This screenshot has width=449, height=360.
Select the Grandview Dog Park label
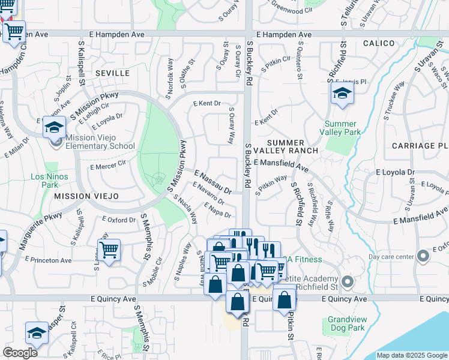(x=346, y=324)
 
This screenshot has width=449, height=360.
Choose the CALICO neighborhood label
(x=379, y=43)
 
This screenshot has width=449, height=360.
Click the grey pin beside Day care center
(x=423, y=256)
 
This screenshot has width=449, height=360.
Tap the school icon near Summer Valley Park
(x=342, y=94)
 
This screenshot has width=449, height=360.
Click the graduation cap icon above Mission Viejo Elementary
(x=54, y=127)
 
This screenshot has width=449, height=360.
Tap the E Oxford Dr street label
(x=118, y=220)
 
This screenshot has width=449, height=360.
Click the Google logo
(x=20, y=353)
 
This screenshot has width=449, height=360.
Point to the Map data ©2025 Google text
(x=411, y=355)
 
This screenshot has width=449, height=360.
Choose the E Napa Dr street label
(x=217, y=210)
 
